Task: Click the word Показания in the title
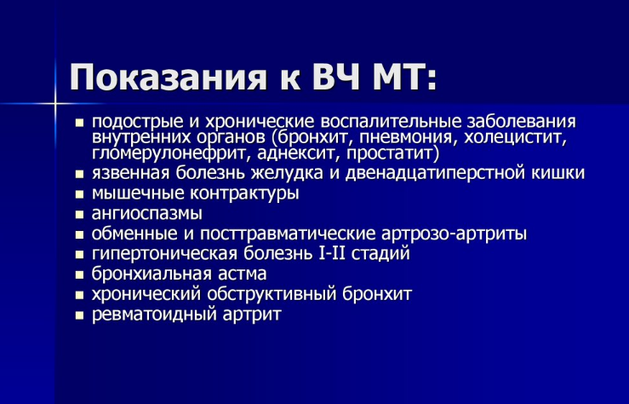tap(169, 78)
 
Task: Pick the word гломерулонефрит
tap(171, 153)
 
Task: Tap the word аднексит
tap(298, 153)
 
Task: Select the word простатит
tap(392, 153)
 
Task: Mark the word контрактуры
tap(244, 193)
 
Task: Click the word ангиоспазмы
tap(146, 214)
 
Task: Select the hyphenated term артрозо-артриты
tap(454, 234)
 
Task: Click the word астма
tap(243, 274)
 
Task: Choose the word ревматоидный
tap(153, 314)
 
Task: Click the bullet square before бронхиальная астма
tap(79, 275)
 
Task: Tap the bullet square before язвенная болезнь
tap(79, 174)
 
